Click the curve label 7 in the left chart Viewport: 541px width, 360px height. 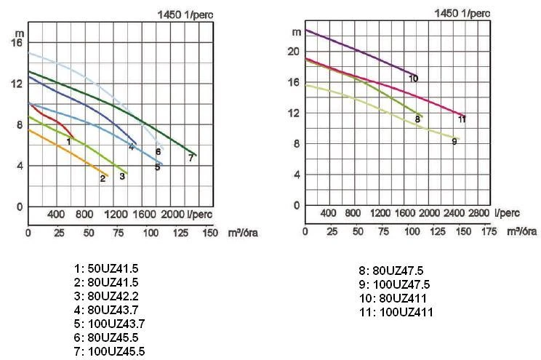191,158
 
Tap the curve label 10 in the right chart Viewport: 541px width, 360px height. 413,79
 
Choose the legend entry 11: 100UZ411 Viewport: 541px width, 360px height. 396,312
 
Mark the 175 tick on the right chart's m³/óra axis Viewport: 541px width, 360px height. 489,231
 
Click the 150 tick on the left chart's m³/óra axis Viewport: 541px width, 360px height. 209,233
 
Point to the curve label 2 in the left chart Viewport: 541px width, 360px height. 103,178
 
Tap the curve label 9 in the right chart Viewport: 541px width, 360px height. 454,142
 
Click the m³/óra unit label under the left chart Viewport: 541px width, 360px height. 243,233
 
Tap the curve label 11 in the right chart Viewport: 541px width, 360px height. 462,119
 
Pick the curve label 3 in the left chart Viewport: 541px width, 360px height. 123,175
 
